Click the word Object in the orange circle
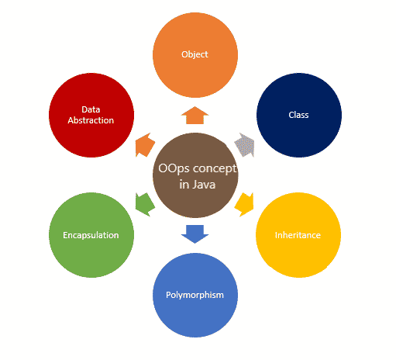195,54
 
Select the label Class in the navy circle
298,115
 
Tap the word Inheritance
298,234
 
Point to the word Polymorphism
195,295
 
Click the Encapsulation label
91,234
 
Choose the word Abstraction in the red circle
91,120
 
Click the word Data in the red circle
91,109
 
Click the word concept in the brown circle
211,168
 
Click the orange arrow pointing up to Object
194,116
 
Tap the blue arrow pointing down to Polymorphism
194,232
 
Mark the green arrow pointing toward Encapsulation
144,203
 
